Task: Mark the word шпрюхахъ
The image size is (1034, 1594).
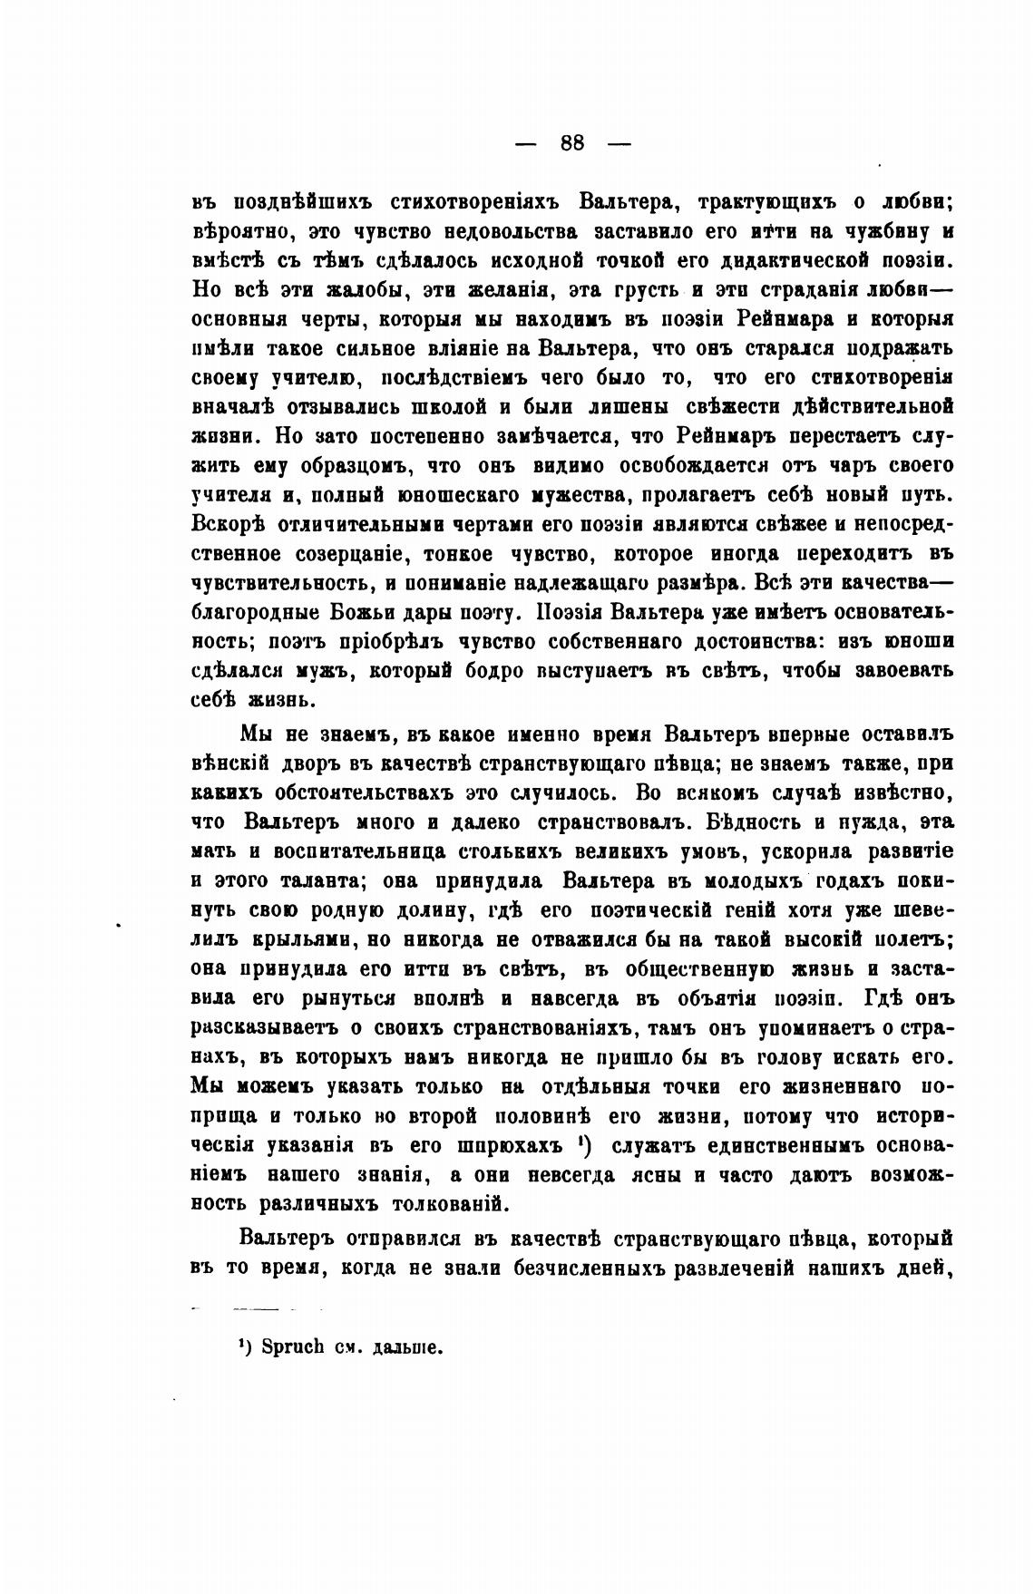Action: coord(501,1146)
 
